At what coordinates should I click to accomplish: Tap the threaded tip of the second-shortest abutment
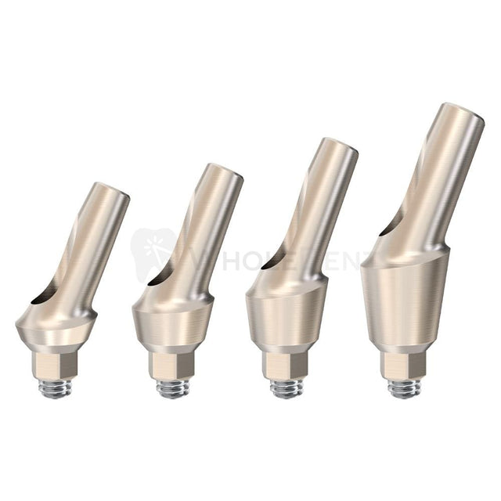click(x=172, y=387)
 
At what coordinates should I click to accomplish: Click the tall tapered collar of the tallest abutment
click(x=404, y=301)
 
